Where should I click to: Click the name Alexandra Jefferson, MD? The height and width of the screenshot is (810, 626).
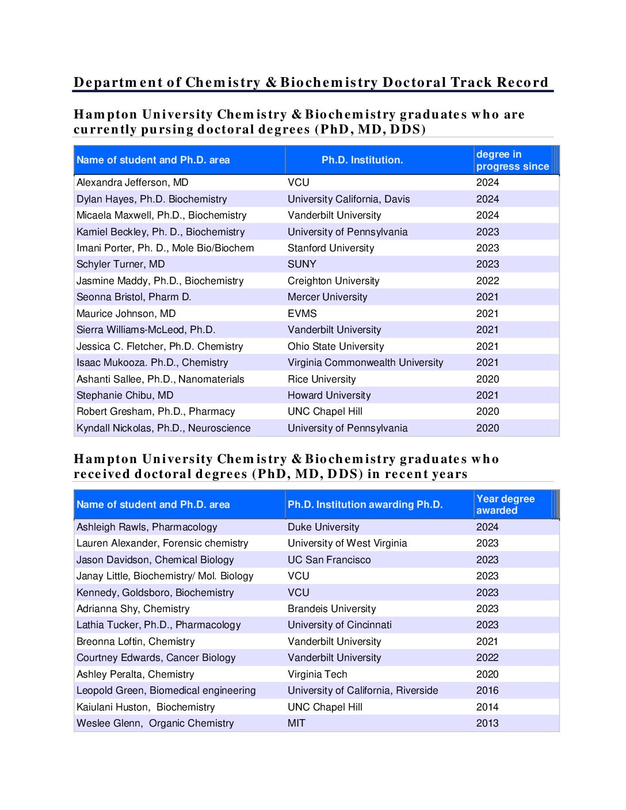[132, 182]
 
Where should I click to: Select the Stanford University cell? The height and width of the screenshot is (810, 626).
[331, 248]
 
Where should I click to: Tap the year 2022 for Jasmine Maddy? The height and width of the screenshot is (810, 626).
[487, 281]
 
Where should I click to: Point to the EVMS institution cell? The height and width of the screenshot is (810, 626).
[302, 314]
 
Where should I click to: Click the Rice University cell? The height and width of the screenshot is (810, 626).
[322, 379]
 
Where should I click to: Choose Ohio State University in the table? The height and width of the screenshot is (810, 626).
[335, 346]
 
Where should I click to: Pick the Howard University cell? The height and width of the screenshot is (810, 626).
[329, 395]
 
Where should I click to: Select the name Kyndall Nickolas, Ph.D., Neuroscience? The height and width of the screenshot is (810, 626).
[163, 428]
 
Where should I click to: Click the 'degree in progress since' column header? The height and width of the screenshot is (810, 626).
[512, 160]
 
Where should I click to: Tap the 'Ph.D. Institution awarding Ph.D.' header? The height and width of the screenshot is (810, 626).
[365, 505]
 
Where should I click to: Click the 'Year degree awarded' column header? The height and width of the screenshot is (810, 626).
[505, 505]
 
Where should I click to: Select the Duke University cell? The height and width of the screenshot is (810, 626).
[323, 527]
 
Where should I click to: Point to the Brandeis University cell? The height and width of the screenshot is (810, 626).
[331, 609]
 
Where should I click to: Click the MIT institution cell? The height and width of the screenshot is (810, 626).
[296, 723]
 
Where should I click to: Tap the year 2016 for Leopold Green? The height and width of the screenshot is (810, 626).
[487, 690]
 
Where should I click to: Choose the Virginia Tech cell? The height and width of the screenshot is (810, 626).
[318, 674]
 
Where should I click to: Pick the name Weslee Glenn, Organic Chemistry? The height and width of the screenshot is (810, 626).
[155, 723]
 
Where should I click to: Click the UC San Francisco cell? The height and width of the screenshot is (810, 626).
[329, 560]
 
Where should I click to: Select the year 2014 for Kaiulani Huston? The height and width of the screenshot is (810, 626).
[487, 707]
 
